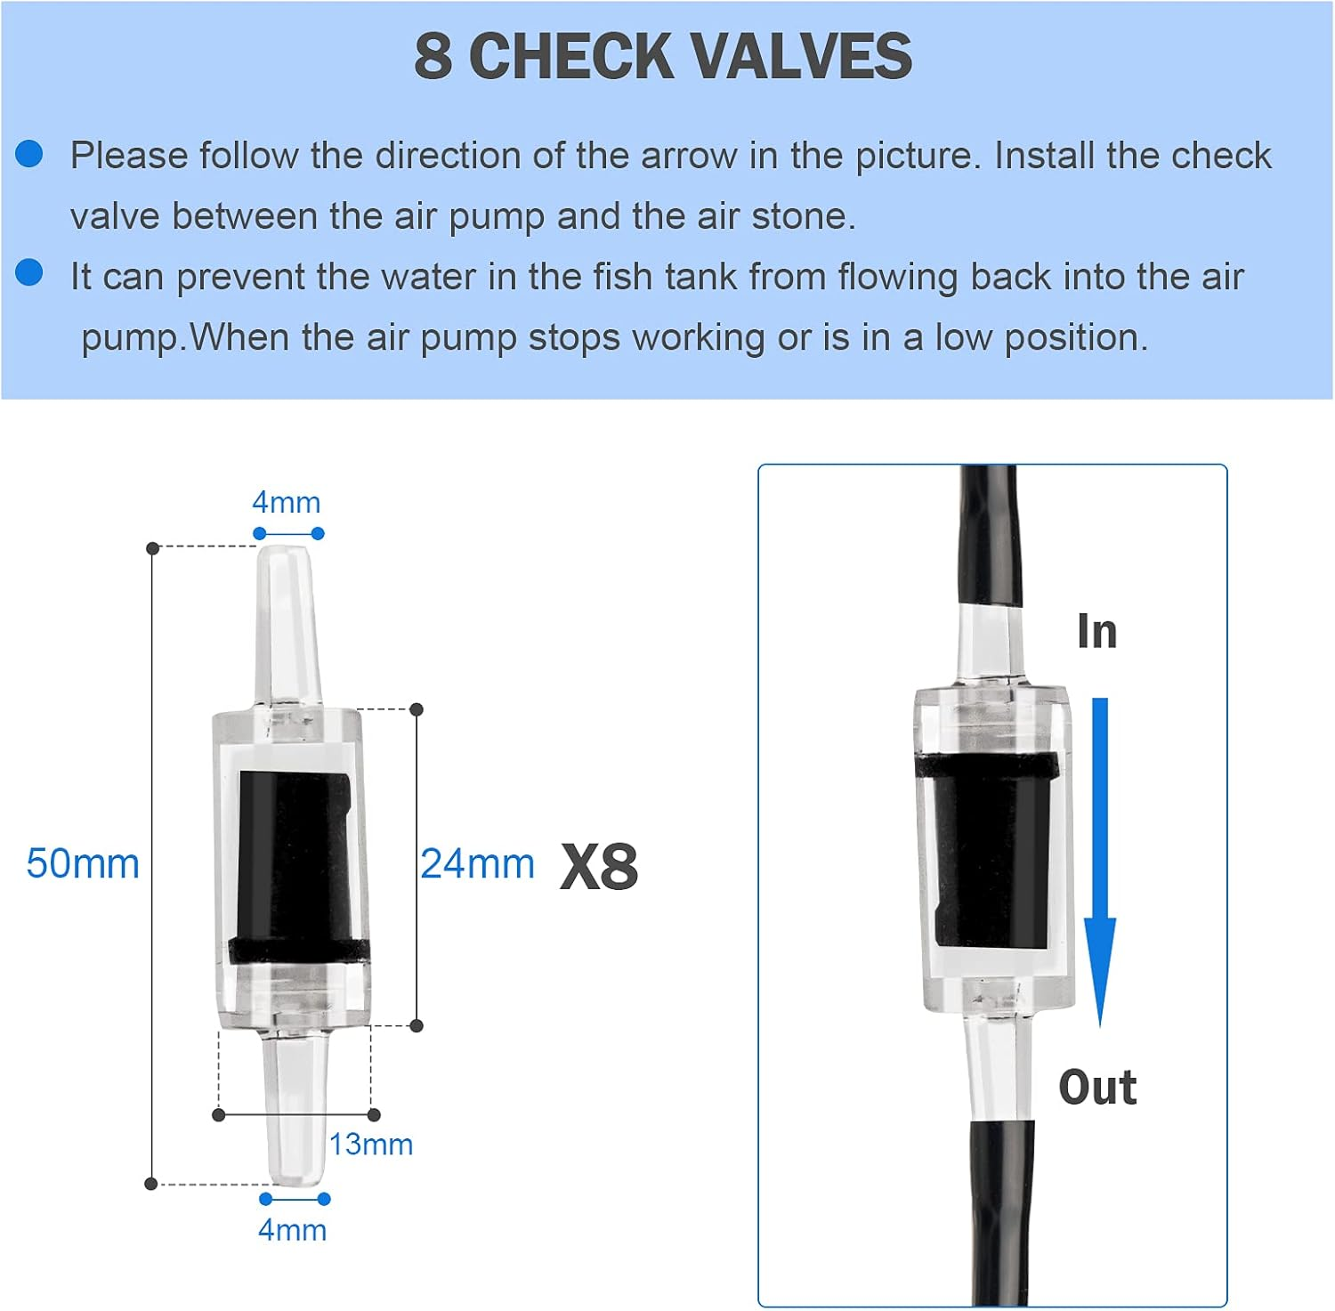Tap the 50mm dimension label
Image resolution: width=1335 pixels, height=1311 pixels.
83,863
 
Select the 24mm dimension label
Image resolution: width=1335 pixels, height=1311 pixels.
477,863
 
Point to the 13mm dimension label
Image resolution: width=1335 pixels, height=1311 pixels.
371,1144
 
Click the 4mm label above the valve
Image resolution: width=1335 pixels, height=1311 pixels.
286,502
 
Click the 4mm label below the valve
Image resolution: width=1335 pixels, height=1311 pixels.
292,1229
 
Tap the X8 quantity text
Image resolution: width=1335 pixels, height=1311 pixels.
599,866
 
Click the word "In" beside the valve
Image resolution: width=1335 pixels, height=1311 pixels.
1096,631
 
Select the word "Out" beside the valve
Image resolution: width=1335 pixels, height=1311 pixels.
1097,1087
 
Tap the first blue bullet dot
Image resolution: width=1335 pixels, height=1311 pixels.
29,154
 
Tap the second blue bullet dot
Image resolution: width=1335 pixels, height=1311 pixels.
29,272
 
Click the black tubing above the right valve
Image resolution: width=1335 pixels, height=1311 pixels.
988,534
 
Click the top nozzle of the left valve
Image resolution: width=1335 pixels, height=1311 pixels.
287,623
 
